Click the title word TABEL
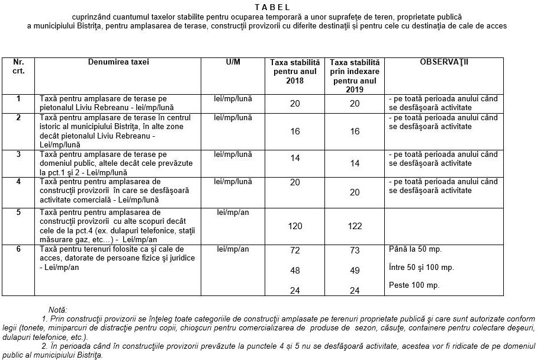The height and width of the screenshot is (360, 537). [x=273, y=8]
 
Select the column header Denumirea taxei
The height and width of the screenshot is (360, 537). [x=118, y=62]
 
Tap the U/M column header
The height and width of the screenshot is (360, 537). [x=233, y=62]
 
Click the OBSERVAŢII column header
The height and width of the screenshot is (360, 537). [x=443, y=62]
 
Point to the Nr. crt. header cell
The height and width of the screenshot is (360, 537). [x=19, y=66]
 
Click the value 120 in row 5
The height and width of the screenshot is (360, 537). [x=295, y=226]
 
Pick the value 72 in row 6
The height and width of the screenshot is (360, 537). [x=295, y=250]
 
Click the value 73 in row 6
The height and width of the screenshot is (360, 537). [x=355, y=250]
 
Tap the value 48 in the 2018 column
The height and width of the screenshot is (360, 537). [x=295, y=271]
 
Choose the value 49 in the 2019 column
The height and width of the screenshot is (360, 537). [x=355, y=271]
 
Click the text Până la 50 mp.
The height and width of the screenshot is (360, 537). [x=416, y=249]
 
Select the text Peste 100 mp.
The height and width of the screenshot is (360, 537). [x=414, y=285]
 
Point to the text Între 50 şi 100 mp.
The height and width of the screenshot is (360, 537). [x=422, y=267]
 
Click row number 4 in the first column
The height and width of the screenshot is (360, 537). [x=18, y=181]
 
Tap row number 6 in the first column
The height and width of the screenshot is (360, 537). [x=18, y=249]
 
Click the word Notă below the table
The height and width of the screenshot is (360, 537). [x=58, y=309]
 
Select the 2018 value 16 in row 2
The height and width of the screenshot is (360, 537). [x=295, y=131]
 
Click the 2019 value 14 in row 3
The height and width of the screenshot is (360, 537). [x=355, y=163]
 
